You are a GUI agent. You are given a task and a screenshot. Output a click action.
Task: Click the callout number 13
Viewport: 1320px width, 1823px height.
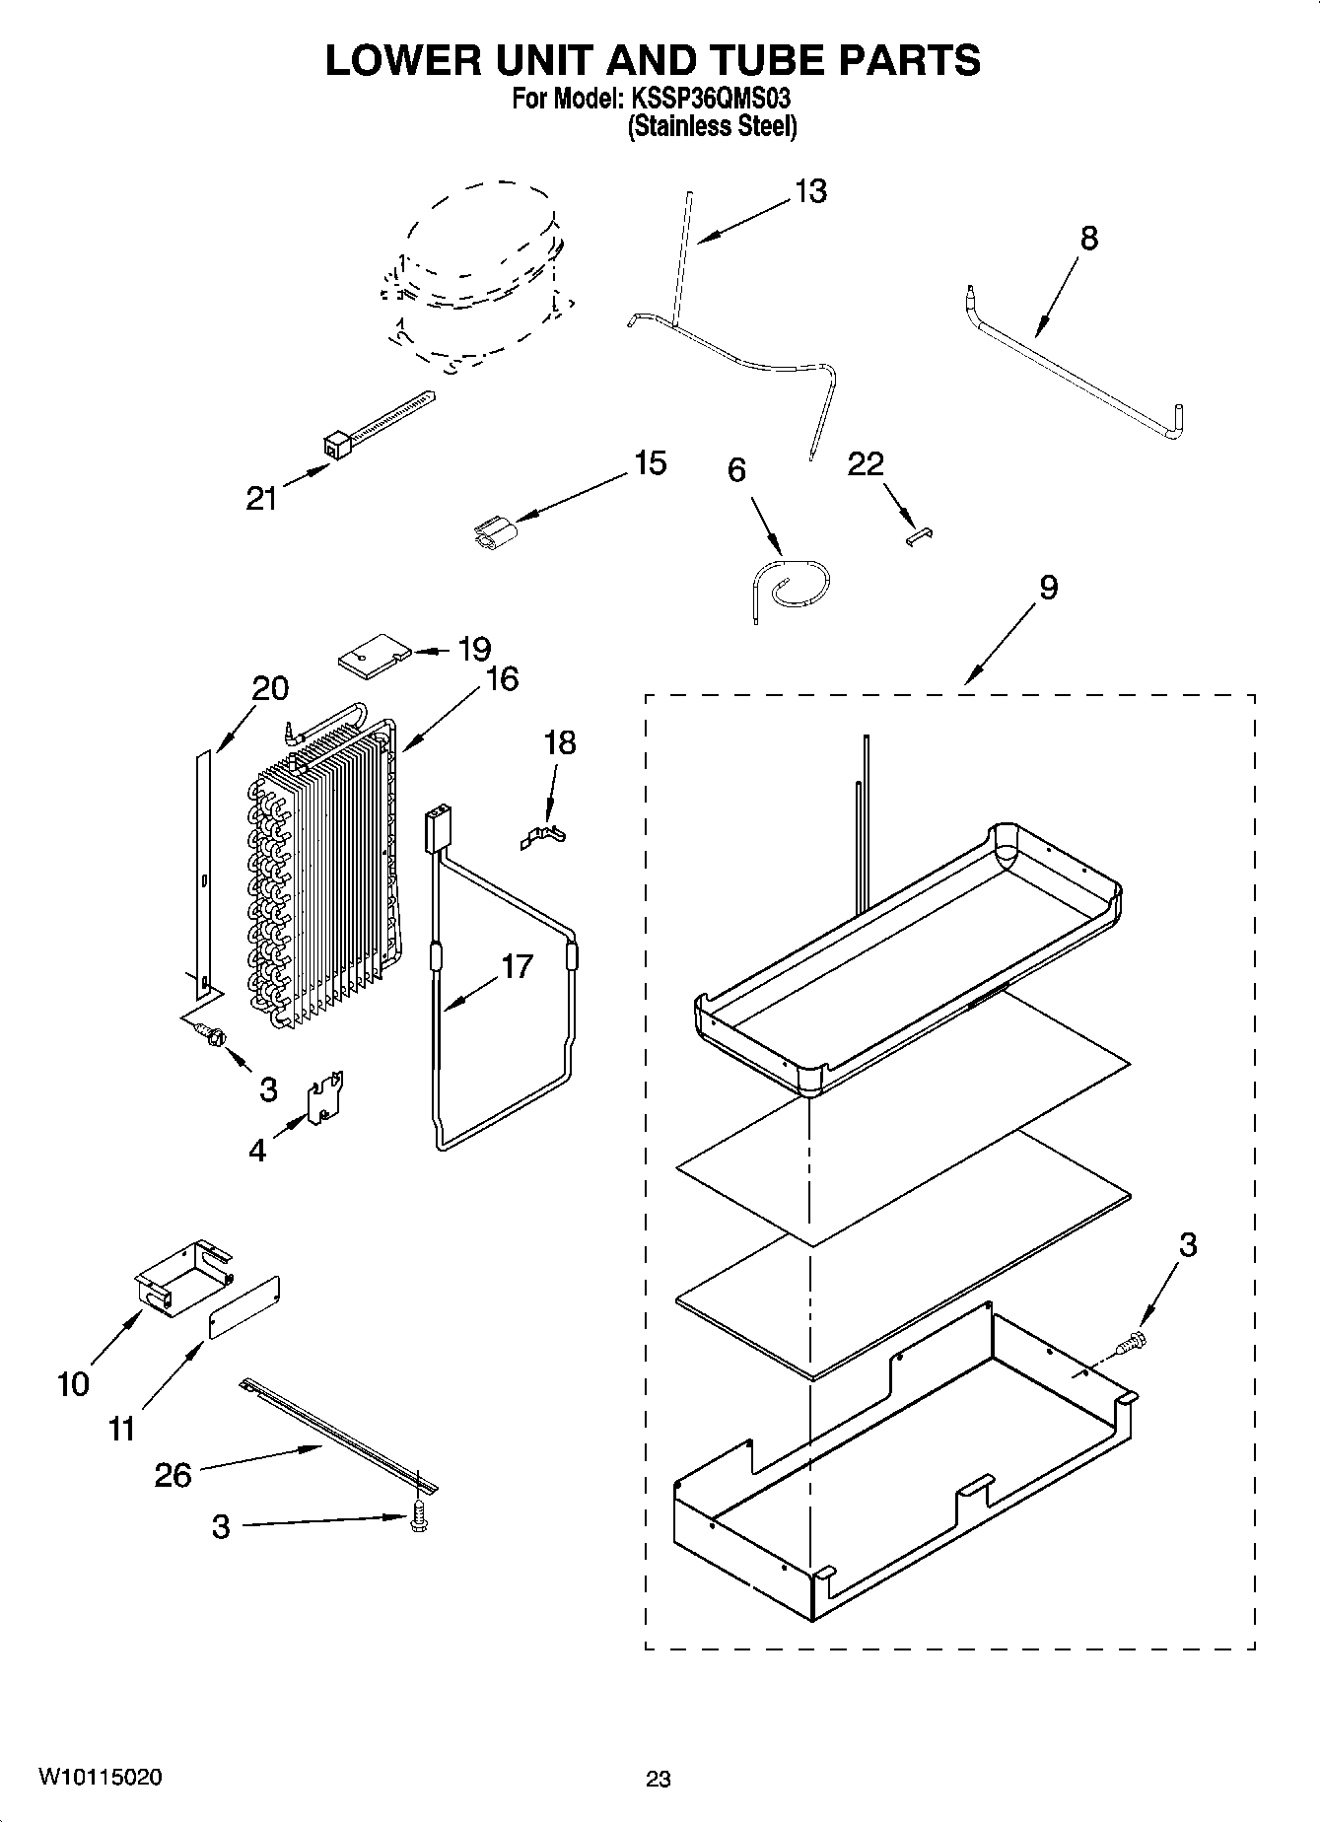pyautogui.click(x=810, y=191)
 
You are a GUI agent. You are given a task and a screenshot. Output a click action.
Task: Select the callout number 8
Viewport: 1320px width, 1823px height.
pyautogui.click(x=1088, y=238)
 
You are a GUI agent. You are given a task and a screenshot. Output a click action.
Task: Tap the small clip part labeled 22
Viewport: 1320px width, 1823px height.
pyautogui.click(x=920, y=535)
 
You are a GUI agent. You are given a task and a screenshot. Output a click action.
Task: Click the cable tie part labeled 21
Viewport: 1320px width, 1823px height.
pyautogui.click(x=380, y=422)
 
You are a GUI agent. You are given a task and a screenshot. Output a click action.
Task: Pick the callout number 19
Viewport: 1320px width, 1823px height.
pyautogui.click(x=473, y=649)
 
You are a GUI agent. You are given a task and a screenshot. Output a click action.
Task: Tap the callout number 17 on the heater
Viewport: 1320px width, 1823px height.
pyautogui.click(x=516, y=966)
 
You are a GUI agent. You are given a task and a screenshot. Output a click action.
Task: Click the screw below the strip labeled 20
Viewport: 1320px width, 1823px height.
pyautogui.click(x=211, y=1034)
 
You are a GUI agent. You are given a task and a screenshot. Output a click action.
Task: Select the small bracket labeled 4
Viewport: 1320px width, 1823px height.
pyautogui.click(x=324, y=1096)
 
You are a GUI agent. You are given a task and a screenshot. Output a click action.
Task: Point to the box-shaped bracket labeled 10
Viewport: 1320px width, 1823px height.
pyautogui.click(x=179, y=1277)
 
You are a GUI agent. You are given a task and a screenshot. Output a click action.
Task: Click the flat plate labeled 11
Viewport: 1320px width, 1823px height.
pyautogui.click(x=243, y=1307)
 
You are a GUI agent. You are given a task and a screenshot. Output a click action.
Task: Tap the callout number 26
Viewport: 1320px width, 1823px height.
pyautogui.click(x=174, y=1475)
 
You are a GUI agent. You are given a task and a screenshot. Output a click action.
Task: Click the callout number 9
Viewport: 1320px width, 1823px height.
pyautogui.click(x=1048, y=588)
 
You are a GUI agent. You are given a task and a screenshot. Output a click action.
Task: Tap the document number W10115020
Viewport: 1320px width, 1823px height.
pyautogui.click(x=101, y=1777)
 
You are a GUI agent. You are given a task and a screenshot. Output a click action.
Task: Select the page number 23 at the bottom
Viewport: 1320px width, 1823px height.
pyautogui.click(x=659, y=1779)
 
